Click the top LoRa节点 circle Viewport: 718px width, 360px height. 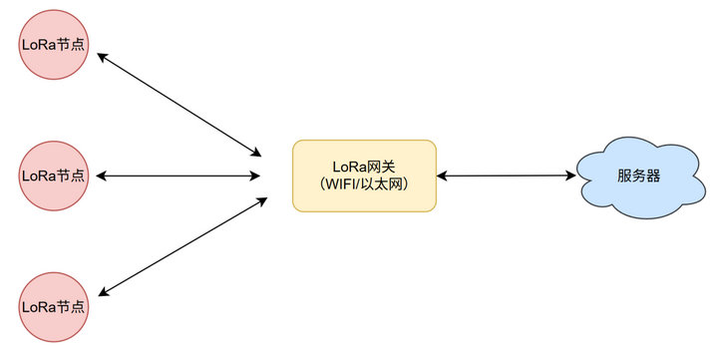coord(53,44)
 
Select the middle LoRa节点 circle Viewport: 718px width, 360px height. coord(53,176)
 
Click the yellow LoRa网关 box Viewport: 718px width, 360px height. coord(364,176)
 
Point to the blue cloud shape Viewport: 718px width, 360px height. coord(637,177)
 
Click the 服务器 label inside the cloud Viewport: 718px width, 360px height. coord(638,177)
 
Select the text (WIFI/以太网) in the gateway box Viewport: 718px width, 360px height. coord(364,185)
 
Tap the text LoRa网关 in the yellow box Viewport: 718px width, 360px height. coord(364,167)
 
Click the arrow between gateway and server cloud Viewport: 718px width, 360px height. coord(507,177)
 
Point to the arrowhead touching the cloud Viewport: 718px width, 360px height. coord(571,177)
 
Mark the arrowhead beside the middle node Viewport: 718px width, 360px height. coord(101,177)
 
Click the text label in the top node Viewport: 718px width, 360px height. coord(53,44)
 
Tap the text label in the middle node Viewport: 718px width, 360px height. coord(53,176)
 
